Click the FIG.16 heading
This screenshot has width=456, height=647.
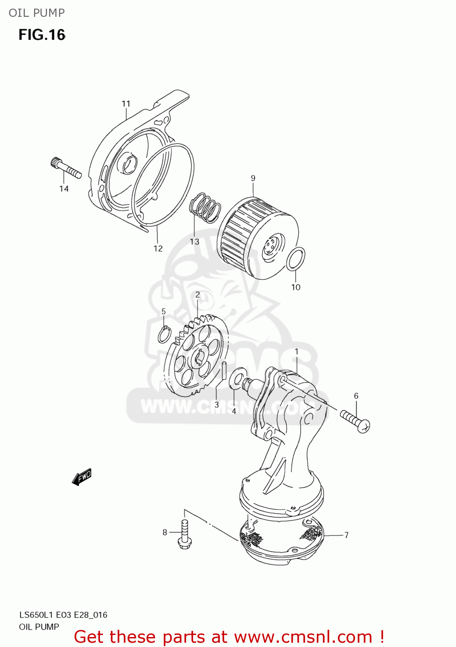42,35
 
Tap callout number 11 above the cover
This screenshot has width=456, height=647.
126,104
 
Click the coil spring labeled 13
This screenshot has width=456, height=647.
205,207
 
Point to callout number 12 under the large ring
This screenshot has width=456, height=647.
158,248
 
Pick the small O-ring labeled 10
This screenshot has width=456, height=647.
296,259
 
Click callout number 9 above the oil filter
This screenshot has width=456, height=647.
253,178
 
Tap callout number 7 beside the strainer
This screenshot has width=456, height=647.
347,535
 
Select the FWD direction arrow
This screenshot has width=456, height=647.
81,477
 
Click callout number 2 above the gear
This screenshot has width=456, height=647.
197,295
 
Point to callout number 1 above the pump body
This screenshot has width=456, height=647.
297,352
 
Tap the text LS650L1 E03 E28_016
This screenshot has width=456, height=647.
63,615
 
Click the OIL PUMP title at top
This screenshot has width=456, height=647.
37,13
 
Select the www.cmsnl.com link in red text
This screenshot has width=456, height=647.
303,637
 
